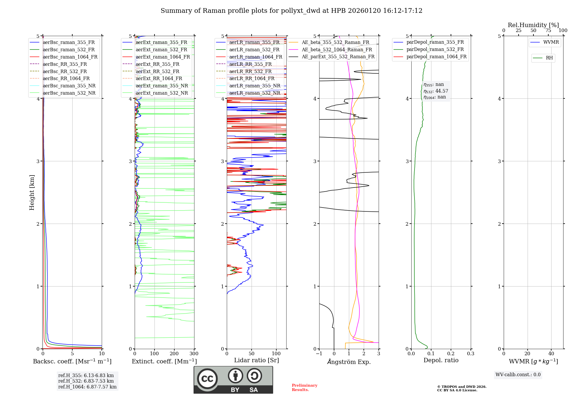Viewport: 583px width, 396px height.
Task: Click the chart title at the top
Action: pos(291,11)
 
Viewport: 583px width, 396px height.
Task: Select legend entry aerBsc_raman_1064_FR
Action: pos(70,57)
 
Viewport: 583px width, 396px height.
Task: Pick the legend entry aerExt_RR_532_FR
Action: pos(157,71)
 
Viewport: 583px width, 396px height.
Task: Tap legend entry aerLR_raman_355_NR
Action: pos(254,86)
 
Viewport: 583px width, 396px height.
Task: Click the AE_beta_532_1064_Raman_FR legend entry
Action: pos(337,49)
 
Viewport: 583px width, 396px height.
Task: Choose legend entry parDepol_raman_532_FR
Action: pos(435,49)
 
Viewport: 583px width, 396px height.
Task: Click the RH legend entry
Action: pos(549,58)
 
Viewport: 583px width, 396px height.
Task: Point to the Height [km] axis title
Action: pos(32,192)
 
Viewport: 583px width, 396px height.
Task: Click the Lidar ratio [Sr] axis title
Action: pos(256,360)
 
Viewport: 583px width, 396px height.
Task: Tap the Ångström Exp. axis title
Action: pos(349,362)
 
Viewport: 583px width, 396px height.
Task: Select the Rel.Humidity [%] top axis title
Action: pos(533,25)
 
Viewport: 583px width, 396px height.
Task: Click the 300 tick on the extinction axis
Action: pos(194,354)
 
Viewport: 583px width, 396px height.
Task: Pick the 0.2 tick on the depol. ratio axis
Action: pos(451,354)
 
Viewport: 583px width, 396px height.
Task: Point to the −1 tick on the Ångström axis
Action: pos(319,354)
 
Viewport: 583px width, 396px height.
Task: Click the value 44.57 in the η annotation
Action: pos(442,91)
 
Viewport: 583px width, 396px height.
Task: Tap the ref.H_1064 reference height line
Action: pos(87,387)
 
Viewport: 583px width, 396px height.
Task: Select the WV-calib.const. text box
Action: pos(518,375)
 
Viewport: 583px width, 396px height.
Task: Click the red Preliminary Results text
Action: pos(304,388)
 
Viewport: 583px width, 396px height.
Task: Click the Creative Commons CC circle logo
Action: pos(207,379)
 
